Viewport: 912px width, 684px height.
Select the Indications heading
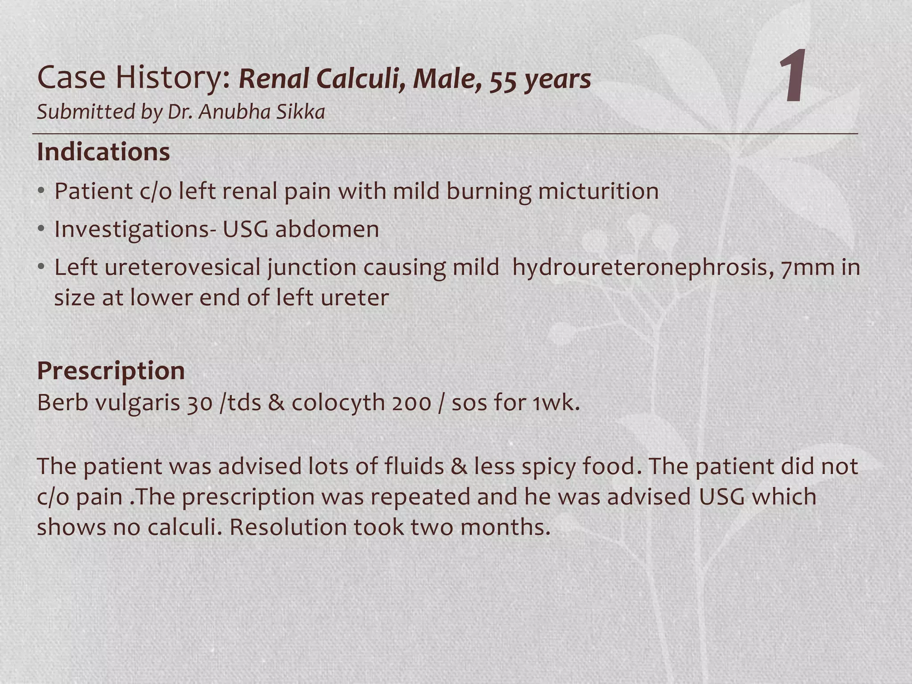[x=103, y=152]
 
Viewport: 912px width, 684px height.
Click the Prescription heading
[x=111, y=370]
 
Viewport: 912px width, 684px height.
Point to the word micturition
[x=598, y=191]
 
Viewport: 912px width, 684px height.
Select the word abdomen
[x=327, y=229]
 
